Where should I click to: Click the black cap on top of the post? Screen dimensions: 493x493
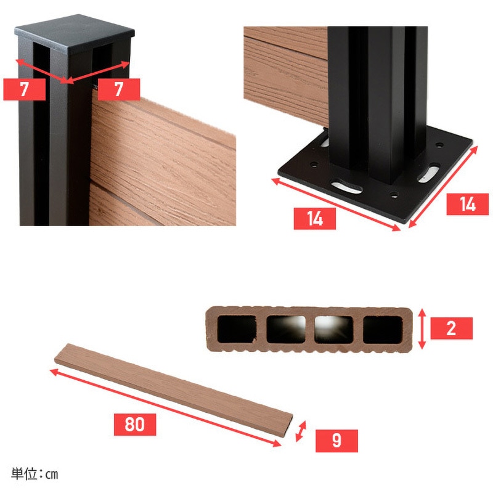point(75,34)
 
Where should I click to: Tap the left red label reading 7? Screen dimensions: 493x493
point(24,89)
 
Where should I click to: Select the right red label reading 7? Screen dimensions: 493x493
point(119,89)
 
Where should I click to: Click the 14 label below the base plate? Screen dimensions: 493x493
point(315,219)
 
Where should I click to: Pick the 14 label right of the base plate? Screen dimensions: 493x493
point(468,205)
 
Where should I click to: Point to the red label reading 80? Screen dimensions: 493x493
point(135,425)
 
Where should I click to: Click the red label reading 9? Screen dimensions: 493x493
point(336,441)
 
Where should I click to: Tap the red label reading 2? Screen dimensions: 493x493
point(452,328)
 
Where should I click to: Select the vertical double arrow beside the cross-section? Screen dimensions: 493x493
point(422,328)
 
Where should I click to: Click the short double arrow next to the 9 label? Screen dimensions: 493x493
point(301,431)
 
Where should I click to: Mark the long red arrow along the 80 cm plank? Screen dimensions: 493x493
point(165,407)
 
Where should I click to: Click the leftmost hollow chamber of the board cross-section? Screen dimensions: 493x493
point(237,329)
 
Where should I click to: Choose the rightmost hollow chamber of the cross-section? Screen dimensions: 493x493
point(383,329)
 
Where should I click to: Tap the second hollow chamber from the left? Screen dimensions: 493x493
point(286,329)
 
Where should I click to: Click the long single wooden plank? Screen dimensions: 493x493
point(174,390)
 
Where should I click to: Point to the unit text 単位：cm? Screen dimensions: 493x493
point(35,474)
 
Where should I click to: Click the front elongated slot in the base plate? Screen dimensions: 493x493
point(346,186)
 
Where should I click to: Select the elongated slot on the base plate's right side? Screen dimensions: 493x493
point(428,173)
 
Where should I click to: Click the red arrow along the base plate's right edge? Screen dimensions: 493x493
point(443,187)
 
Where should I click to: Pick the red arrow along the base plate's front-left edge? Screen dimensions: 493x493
point(336,205)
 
